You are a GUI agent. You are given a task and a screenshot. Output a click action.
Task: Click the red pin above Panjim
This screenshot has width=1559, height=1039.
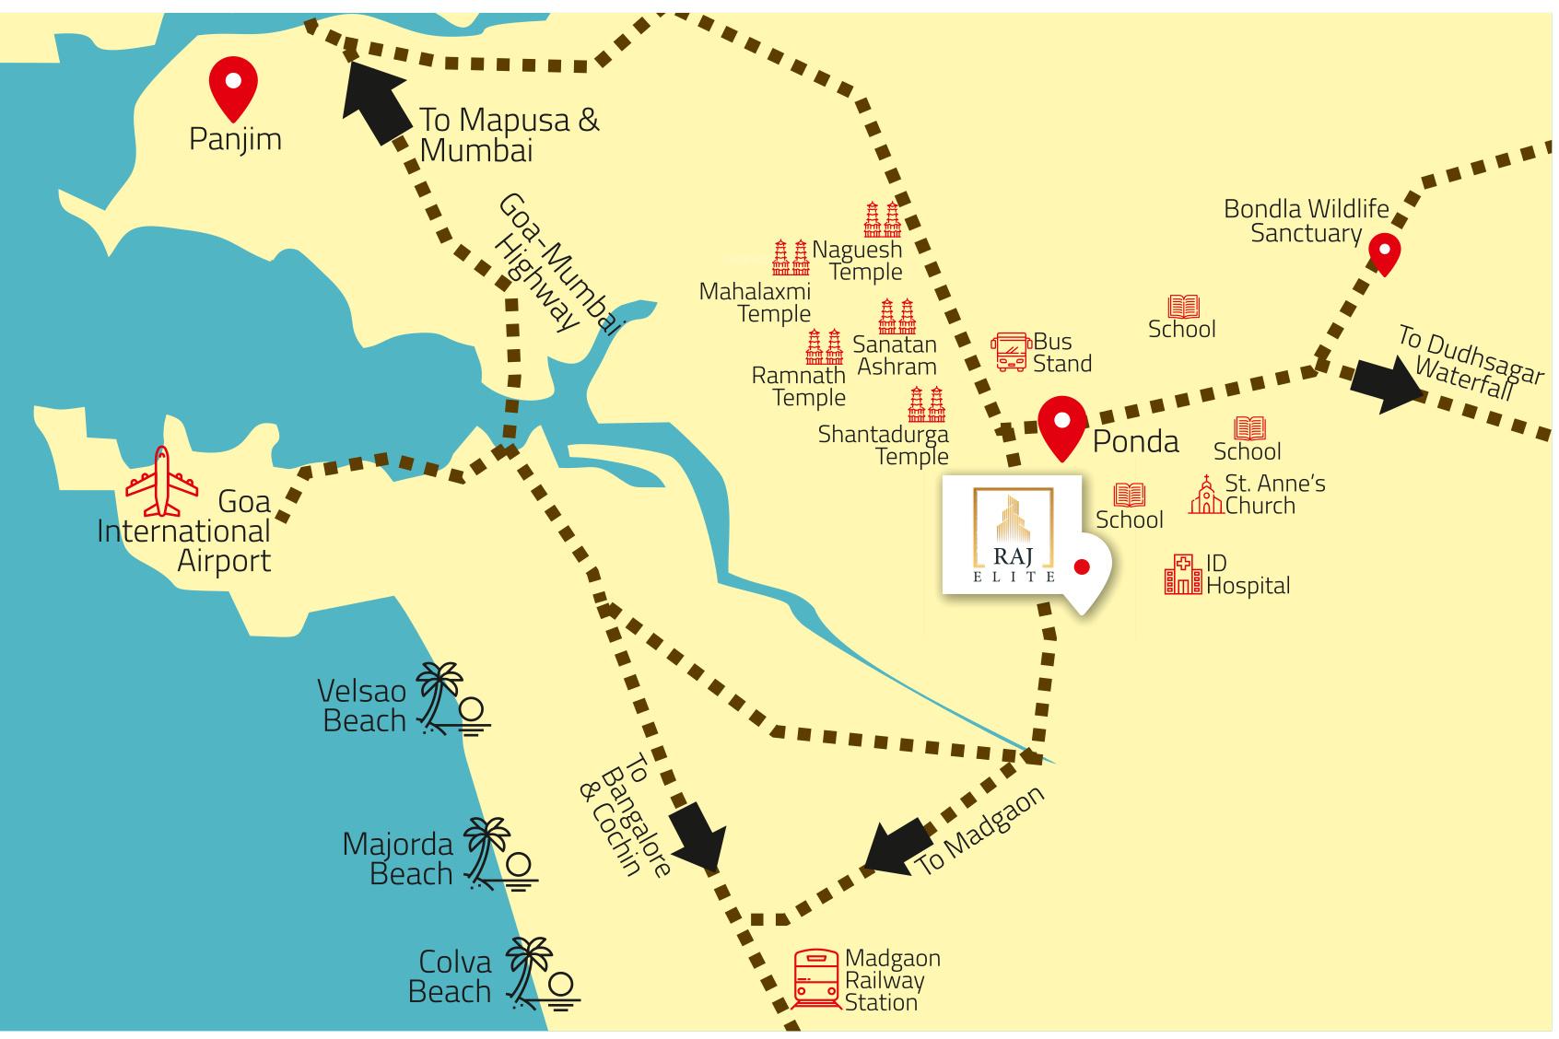point(233,86)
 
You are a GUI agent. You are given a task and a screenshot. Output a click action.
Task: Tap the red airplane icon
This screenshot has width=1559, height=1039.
point(162,481)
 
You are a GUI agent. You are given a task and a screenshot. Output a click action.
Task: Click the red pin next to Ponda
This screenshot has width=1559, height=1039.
point(1061,426)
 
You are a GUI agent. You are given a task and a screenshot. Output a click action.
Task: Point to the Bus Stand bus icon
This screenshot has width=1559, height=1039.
point(1010,352)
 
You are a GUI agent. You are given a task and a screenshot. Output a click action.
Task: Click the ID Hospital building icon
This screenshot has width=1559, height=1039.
point(1182,574)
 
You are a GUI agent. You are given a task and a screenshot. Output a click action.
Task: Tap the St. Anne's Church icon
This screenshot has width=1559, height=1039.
point(1205,495)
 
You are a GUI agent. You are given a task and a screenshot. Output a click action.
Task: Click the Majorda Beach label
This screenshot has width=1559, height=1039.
point(398,858)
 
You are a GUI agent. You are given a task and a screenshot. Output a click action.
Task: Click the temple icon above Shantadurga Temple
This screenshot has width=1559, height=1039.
point(926,404)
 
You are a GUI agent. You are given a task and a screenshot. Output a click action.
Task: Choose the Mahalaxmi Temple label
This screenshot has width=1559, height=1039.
point(756,302)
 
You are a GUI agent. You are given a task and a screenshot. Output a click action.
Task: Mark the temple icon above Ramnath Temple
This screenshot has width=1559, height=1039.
point(824,346)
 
